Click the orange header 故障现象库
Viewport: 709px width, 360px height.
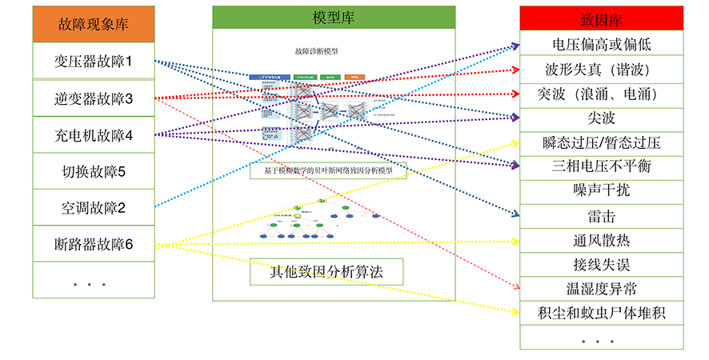[93, 24]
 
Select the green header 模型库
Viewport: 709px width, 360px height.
[334, 18]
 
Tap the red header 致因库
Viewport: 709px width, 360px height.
[601, 18]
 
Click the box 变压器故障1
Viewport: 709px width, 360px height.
[93, 61]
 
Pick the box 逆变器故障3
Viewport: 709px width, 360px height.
[93, 98]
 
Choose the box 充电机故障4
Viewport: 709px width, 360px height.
[93, 135]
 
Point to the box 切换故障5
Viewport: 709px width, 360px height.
[93, 171]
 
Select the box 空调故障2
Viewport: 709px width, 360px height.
[93, 207]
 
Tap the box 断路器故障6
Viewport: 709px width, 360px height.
[93, 244]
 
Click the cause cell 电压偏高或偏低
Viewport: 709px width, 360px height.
[601, 42]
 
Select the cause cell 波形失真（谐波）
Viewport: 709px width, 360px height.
[601, 68]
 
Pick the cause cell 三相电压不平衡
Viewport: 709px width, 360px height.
[601, 166]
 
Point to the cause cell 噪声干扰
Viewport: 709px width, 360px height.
[601, 190]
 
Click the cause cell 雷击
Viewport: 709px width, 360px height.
[601, 216]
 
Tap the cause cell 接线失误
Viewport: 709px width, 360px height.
[601, 264]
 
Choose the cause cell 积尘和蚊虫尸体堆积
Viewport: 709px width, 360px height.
[601, 313]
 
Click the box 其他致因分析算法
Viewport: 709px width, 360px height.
[326, 271]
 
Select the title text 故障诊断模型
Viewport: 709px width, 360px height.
[316, 51]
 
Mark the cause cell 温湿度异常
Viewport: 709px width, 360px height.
[601, 288]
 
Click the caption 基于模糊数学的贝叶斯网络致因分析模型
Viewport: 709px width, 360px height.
[327, 170]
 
